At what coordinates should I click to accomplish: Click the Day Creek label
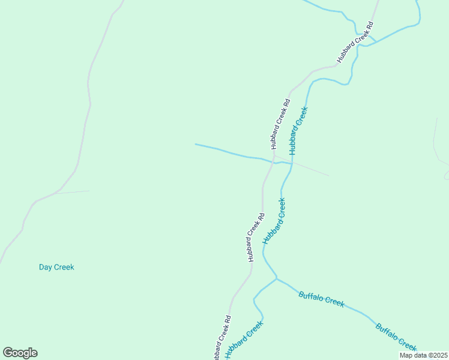56,267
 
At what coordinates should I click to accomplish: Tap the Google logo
20,352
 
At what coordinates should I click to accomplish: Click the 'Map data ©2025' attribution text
424,355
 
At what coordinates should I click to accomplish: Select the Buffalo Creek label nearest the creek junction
321,299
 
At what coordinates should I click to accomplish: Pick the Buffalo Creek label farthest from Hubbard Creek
396,337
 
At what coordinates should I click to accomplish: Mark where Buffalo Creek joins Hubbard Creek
276,278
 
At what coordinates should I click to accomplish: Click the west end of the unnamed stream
196,144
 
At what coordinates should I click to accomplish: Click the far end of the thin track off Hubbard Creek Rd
328,175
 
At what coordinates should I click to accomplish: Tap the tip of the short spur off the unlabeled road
89,191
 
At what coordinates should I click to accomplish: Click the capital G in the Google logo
8,352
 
